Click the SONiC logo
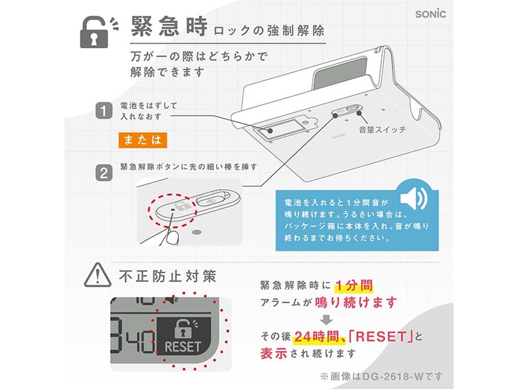tap(430, 14)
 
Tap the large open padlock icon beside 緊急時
tap(95, 33)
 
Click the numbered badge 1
tap(104, 111)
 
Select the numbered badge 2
tap(104, 174)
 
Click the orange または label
tap(143, 140)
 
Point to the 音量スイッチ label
tap(383, 130)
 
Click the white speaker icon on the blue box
tap(414, 198)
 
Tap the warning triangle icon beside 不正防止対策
tap(98, 275)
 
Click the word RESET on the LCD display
tap(183, 346)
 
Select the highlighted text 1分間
tap(354, 285)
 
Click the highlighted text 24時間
tap(317, 336)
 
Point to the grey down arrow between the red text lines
tap(326, 320)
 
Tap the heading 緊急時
tap(169, 27)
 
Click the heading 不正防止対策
tap(168, 277)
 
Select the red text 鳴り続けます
tap(356, 303)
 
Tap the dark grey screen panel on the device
tap(340, 73)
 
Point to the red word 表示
tap(274, 353)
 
